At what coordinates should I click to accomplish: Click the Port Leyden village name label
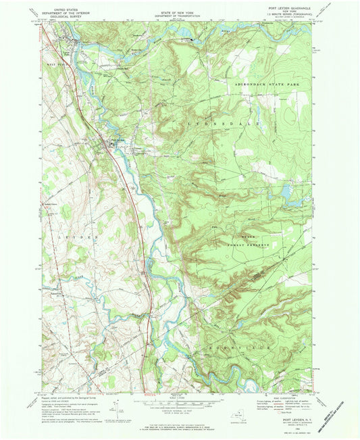(115, 140)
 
